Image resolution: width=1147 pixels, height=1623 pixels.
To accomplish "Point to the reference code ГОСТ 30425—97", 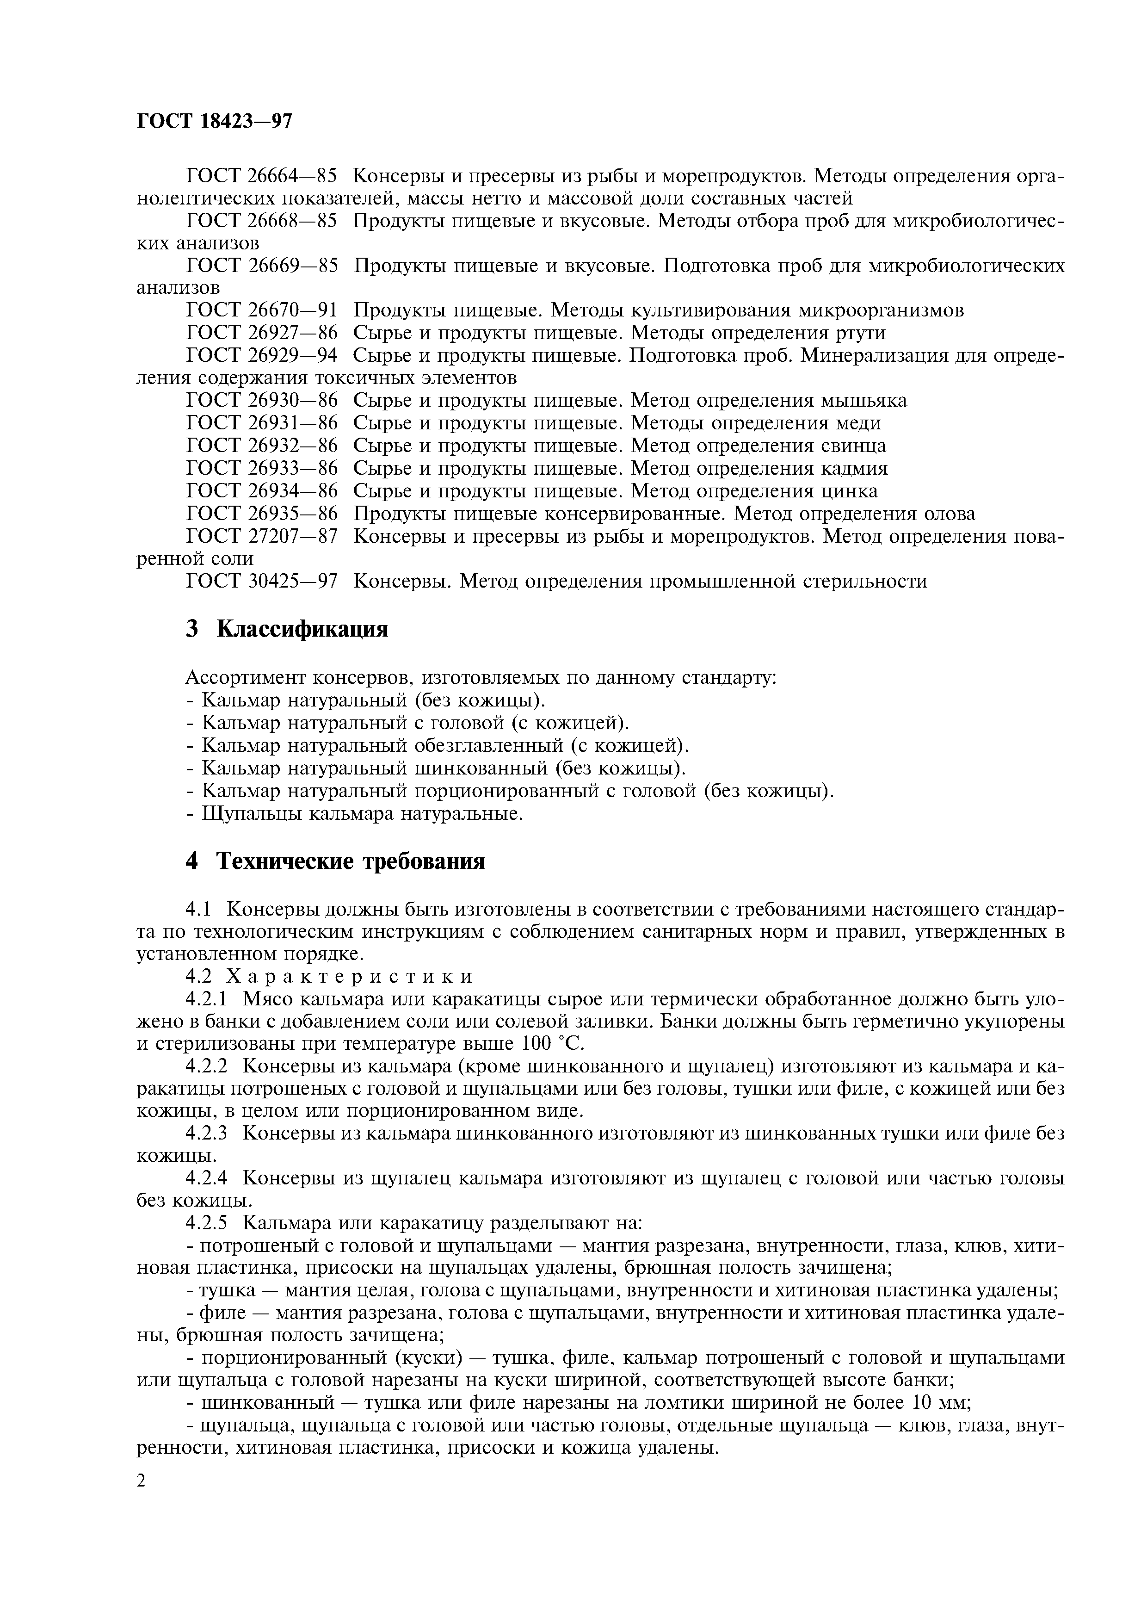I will (x=261, y=581).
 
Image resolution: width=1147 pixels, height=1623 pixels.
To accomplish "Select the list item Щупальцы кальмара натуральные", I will (x=362, y=814).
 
